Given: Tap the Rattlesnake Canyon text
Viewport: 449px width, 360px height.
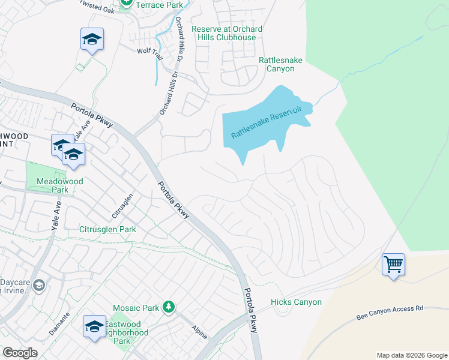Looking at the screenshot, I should [x=276, y=65].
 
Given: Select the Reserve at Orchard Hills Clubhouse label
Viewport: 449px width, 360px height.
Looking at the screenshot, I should [x=227, y=34].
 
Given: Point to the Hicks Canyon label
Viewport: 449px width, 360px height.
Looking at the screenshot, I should [x=296, y=302].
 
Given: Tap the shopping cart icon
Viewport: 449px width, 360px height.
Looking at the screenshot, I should [x=393, y=263].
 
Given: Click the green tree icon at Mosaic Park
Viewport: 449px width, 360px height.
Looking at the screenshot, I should [x=169, y=308].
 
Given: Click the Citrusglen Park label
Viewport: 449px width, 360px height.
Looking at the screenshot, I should [x=107, y=229].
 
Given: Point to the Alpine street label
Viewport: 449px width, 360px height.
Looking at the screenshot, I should [x=199, y=329].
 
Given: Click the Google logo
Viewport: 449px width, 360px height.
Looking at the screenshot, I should [x=20, y=353].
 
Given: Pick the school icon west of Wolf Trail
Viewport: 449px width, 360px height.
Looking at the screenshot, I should [x=92, y=40].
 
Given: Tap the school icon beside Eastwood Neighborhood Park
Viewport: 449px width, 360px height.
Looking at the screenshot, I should [x=94, y=326].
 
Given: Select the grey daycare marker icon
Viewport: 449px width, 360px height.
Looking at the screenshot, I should [x=39, y=284].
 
